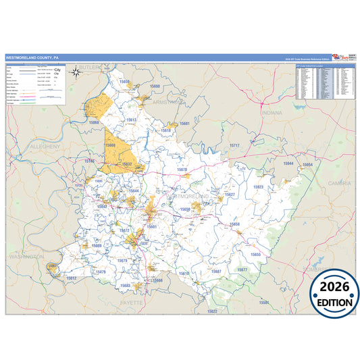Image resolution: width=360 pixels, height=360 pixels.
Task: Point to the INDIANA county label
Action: click(x=272, y=113)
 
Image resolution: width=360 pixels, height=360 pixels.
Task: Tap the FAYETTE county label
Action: click(x=132, y=303)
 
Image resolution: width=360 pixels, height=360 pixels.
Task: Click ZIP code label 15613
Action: click(x=130, y=120)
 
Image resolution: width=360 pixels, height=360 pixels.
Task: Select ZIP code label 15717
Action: click(x=234, y=145)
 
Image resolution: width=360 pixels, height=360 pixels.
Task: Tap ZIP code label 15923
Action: click(x=258, y=187)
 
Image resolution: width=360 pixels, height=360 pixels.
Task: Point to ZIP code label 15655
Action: click(x=256, y=254)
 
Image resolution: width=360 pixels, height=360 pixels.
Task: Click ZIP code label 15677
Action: click(x=242, y=269)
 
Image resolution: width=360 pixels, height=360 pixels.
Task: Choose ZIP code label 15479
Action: click(x=101, y=272)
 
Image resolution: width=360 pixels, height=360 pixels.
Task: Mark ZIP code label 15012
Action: click(x=71, y=278)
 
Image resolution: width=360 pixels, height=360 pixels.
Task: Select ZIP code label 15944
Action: click(x=288, y=163)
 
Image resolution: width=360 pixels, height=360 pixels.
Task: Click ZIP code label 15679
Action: click(x=122, y=260)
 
